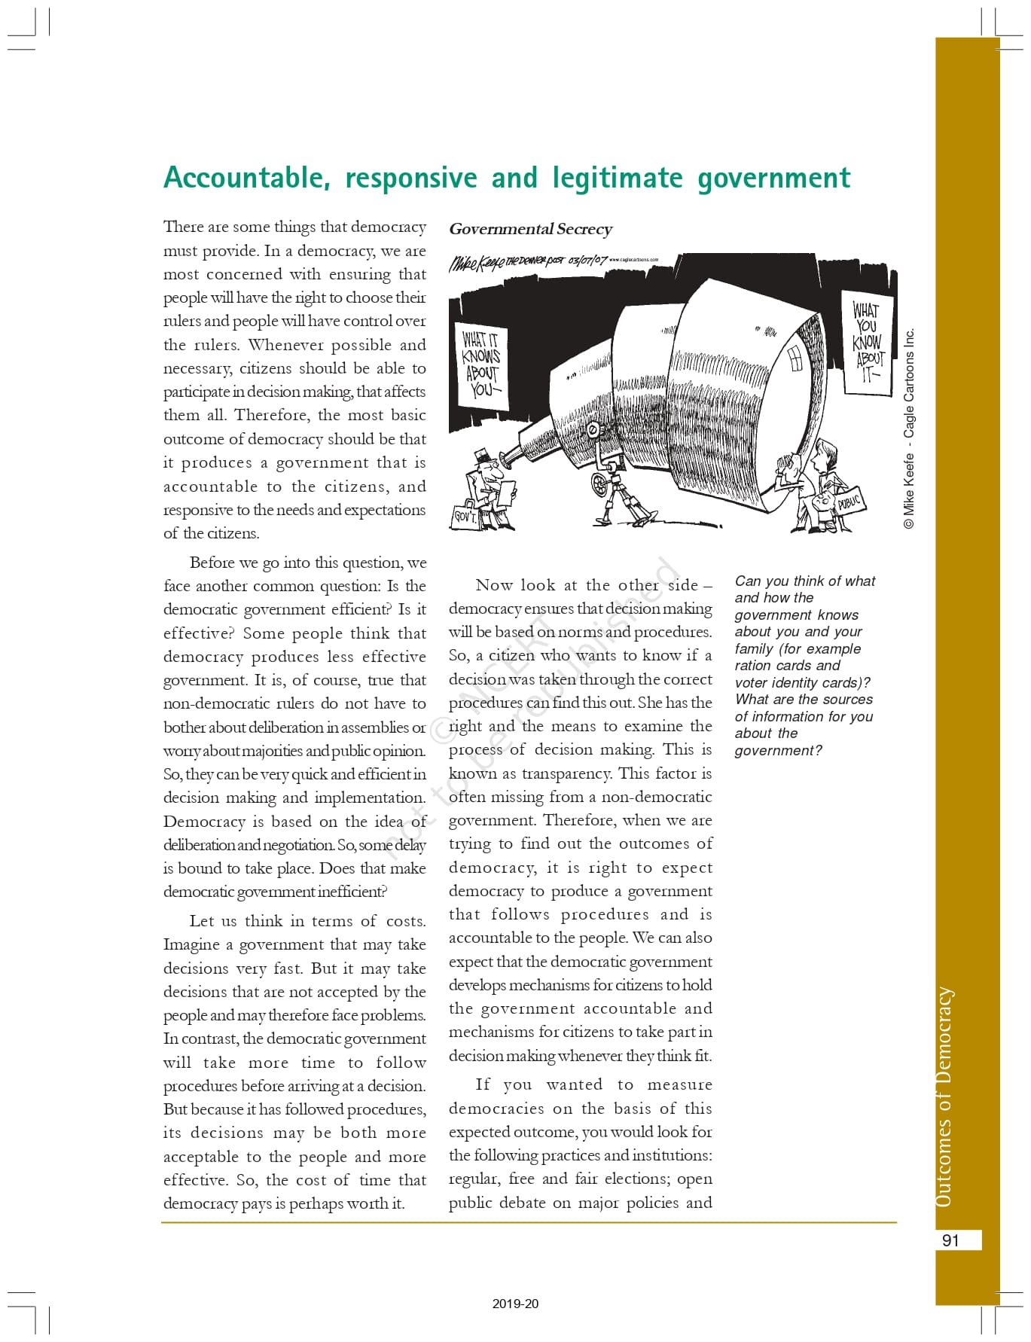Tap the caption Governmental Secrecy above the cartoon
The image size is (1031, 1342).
click(x=530, y=229)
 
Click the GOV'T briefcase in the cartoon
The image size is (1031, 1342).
click(x=465, y=517)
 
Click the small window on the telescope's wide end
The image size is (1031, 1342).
click(x=795, y=358)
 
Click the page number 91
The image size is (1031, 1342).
click(x=950, y=1240)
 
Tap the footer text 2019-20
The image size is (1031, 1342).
click(x=515, y=1304)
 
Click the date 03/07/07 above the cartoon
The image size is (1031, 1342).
click(x=587, y=260)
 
